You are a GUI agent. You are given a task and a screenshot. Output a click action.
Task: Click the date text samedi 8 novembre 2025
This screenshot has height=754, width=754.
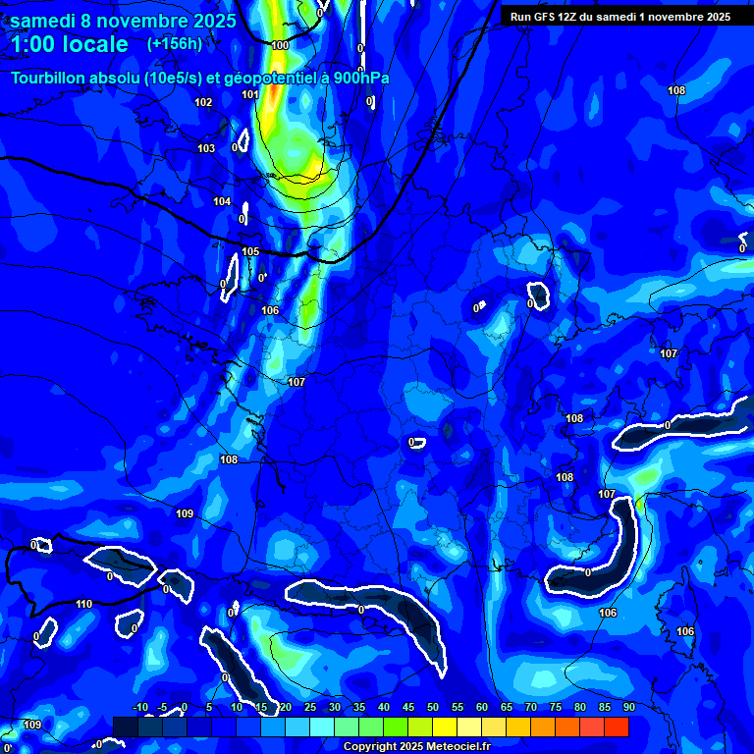(123, 21)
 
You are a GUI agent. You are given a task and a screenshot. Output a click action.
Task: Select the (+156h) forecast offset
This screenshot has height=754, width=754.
(175, 43)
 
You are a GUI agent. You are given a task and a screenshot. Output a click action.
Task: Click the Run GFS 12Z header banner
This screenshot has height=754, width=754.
(619, 17)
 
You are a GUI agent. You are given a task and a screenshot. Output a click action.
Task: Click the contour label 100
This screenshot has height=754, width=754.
(281, 45)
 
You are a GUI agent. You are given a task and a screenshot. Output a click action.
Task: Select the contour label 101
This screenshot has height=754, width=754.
(250, 94)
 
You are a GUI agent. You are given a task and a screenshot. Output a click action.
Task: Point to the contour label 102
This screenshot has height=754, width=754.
(203, 102)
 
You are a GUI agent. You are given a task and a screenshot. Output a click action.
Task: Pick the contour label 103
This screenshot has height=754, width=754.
(206, 148)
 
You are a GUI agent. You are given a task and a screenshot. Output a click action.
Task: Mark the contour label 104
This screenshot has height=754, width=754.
(223, 201)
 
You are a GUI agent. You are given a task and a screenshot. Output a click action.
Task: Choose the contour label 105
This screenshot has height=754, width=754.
(251, 251)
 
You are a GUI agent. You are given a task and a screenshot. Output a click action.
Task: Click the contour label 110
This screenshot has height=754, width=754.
(84, 604)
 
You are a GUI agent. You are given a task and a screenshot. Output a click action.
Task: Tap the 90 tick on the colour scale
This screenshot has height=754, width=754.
(628, 707)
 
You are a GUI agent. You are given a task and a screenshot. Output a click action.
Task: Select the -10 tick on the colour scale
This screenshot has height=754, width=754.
(139, 707)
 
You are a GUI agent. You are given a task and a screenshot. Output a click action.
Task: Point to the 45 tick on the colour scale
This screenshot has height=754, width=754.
(408, 707)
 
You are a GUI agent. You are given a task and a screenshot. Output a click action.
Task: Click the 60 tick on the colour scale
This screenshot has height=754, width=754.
(482, 707)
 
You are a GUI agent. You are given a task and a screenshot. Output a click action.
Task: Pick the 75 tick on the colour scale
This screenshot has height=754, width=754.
(556, 707)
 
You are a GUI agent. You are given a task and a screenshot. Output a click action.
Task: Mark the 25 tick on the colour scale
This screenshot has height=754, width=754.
(310, 707)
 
